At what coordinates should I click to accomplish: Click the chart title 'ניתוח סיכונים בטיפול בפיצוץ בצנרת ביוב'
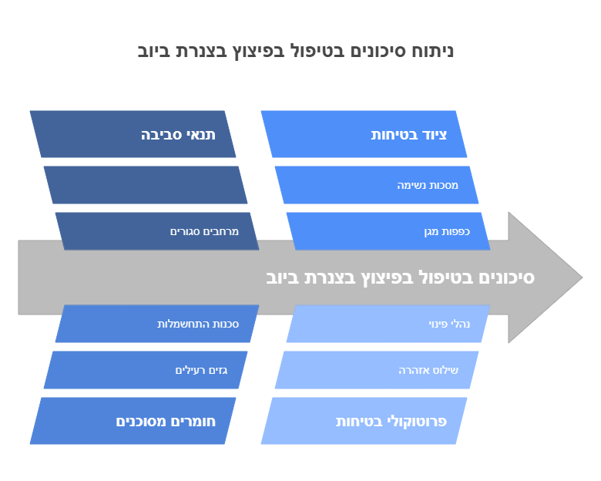(x=296, y=52)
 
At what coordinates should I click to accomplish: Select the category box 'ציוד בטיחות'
(x=364, y=134)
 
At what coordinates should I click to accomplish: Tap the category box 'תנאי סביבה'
(x=133, y=134)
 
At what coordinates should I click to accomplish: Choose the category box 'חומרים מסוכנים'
(x=133, y=421)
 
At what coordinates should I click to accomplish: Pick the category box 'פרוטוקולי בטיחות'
(x=364, y=421)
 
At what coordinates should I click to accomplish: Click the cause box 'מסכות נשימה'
(x=377, y=185)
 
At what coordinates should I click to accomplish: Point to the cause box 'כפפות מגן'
(x=388, y=231)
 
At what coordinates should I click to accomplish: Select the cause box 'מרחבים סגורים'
(x=157, y=231)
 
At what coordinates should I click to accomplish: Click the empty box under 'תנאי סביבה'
(x=146, y=185)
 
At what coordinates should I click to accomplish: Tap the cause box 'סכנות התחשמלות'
(x=157, y=324)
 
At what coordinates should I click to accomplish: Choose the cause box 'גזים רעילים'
(x=146, y=370)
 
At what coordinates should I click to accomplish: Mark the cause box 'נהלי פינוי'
(x=388, y=324)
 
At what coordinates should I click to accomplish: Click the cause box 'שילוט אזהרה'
(x=377, y=370)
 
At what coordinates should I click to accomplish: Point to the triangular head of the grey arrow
(x=543, y=277)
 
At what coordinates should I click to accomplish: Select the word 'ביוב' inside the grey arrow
(x=284, y=277)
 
